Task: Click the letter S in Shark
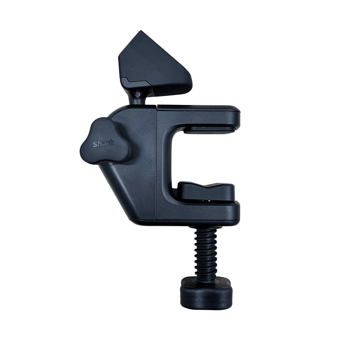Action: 95,144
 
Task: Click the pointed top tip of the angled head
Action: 141,31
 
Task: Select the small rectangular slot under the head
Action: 160,92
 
